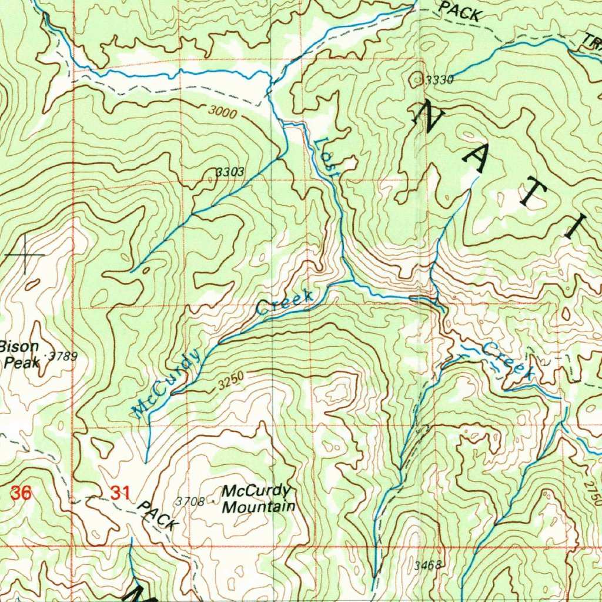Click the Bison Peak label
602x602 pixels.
coord(21,354)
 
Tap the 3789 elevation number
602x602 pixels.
coord(63,356)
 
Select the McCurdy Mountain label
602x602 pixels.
coord(257,499)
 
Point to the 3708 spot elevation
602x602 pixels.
coord(190,501)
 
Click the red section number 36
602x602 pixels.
coord(21,493)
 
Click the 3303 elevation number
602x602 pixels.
coord(229,172)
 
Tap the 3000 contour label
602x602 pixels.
coord(222,112)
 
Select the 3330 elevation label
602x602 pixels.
coord(439,81)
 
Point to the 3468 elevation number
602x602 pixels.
coord(427,566)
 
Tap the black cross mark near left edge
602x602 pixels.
coord(25,255)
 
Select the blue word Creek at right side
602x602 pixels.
coord(506,360)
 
